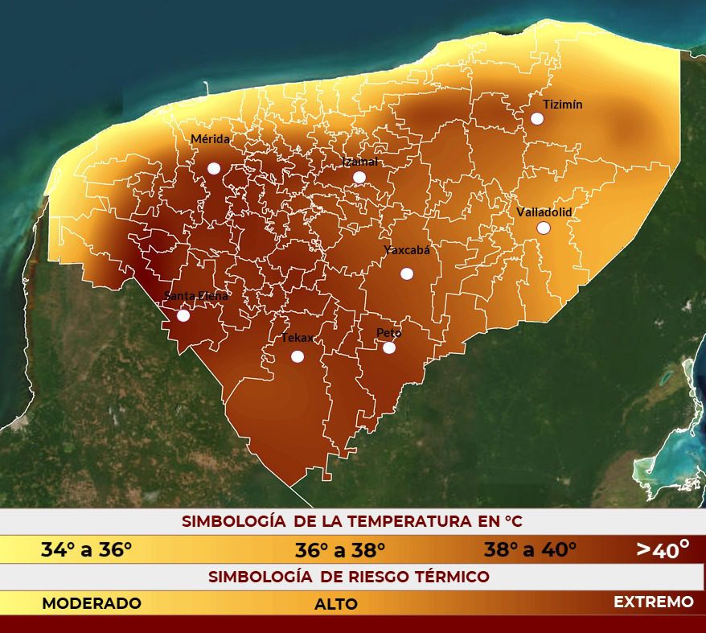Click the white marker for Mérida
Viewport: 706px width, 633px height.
[214, 168]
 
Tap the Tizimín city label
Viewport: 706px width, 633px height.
[562, 105]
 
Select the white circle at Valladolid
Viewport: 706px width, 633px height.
[544, 228]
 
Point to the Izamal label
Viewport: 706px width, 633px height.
[359, 162]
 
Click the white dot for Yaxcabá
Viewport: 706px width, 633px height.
[407, 273]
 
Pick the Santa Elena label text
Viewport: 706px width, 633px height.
[195, 295]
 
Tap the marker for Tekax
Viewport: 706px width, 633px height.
[298, 356]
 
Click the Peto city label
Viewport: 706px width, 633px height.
[388, 333]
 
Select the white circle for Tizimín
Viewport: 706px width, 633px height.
[537, 118]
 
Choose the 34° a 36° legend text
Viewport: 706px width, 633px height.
[86, 550]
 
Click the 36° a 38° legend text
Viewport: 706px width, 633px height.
[340, 550]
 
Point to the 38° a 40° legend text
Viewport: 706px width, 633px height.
[530, 550]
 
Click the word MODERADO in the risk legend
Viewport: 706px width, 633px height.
[92, 603]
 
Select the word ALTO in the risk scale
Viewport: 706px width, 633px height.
[336, 604]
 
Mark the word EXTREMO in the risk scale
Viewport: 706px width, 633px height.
[653, 602]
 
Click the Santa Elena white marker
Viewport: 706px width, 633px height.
[183, 315]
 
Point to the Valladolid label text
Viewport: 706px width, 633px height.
[544, 212]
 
